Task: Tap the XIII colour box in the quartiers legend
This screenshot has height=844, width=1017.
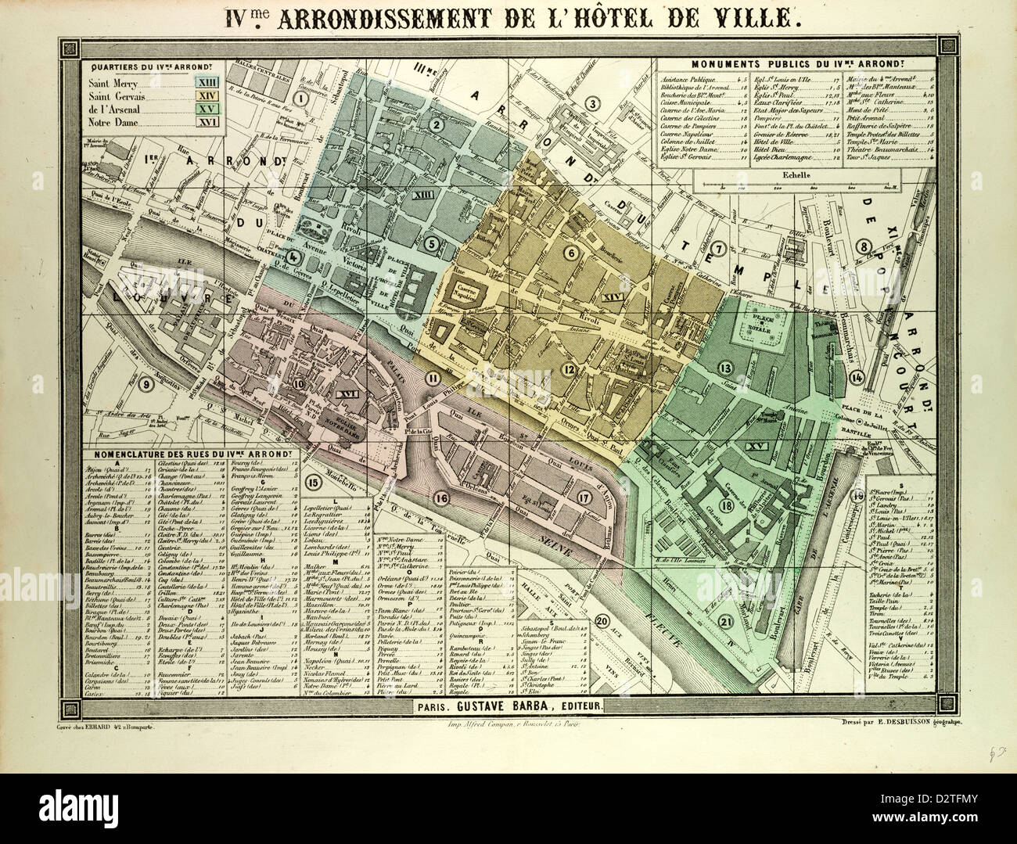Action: tap(208, 82)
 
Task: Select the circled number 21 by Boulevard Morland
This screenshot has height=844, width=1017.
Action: tap(727, 622)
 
